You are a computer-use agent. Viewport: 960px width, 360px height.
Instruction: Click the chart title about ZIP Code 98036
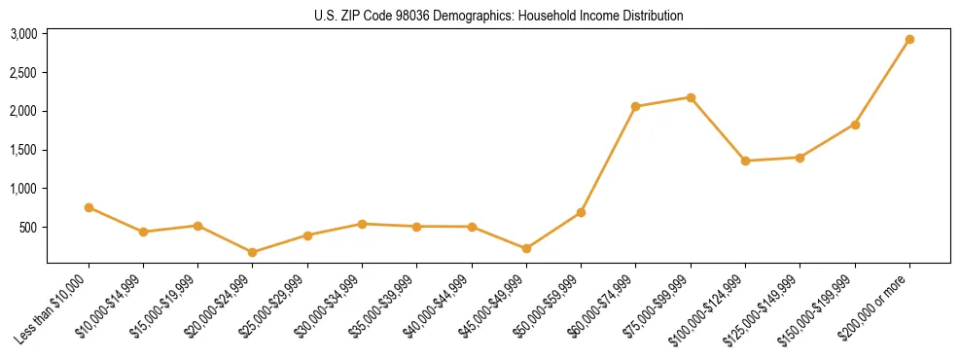498,16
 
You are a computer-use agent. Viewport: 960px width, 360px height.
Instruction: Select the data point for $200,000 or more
909,40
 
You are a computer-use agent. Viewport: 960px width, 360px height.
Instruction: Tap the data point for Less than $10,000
89,207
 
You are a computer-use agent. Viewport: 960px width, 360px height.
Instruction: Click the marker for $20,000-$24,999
253,252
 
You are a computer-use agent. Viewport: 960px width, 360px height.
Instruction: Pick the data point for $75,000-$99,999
691,97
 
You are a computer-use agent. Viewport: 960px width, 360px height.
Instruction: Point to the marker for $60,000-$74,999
636,106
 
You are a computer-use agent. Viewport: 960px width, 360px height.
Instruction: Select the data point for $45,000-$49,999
526,248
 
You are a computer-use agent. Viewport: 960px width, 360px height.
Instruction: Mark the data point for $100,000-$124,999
745,161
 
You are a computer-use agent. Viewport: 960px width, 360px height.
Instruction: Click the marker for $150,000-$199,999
855,125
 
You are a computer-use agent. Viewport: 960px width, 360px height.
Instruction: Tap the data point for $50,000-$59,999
581,212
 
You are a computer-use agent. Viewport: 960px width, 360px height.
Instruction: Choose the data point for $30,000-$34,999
362,224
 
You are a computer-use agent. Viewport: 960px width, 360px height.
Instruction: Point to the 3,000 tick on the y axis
23,34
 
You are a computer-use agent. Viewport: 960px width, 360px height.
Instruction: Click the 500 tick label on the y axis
27,228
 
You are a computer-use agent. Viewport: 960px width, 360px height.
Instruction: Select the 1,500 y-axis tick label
23,150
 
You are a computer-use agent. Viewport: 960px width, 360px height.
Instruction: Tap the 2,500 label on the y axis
23,73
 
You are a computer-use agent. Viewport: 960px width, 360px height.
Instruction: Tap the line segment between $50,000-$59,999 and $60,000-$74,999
608,160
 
